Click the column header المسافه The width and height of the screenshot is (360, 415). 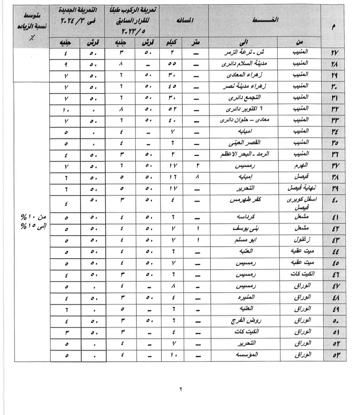(184, 20)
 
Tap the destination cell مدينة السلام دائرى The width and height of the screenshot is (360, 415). (244, 63)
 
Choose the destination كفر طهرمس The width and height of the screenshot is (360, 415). (245, 200)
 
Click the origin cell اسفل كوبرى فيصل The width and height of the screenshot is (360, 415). (301, 203)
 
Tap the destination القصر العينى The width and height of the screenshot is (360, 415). (245, 143)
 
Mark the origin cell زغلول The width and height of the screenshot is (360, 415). (302, 240)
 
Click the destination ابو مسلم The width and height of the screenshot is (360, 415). (245, 240)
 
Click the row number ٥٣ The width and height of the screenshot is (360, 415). (335, 355)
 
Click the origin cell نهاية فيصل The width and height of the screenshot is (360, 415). (301, 188)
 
